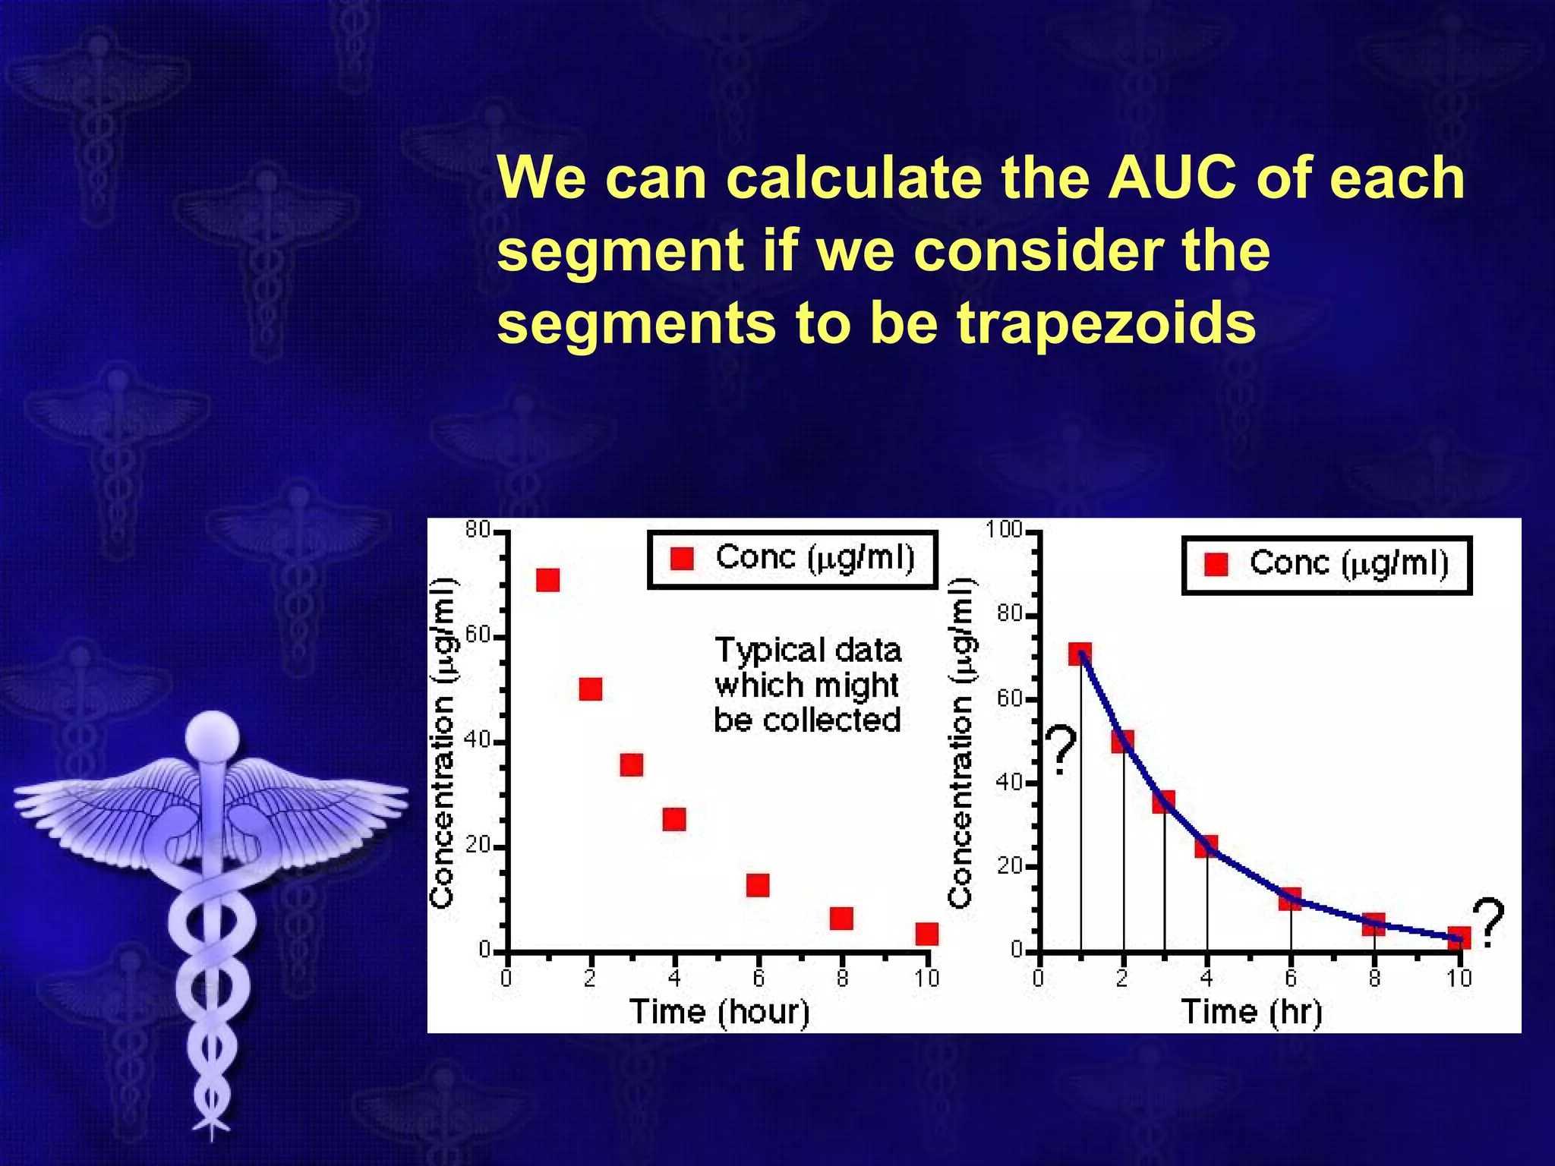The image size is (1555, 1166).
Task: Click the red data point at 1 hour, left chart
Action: tap(547, 581)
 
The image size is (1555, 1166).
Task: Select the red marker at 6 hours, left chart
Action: tap(758, 885)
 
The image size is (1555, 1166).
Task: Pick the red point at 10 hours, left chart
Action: tap(926, 934)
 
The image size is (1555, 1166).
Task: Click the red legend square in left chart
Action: tap(683, 559)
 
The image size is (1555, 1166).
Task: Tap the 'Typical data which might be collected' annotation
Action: tap(807, 685)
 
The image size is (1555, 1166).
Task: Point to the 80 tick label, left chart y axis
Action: tap(478, 530)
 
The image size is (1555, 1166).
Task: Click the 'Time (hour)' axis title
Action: tap(719, 1012)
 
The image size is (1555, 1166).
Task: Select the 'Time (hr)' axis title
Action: tap(1251, 1012)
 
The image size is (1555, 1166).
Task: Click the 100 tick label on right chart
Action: tap(1004, 529)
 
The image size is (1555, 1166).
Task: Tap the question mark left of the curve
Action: tap(1061, 750)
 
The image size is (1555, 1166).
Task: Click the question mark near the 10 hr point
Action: tap(1488, 922)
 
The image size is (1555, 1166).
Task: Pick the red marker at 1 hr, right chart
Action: tap(1080, 654)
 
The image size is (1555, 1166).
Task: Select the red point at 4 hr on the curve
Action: tap(1206, 846)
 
